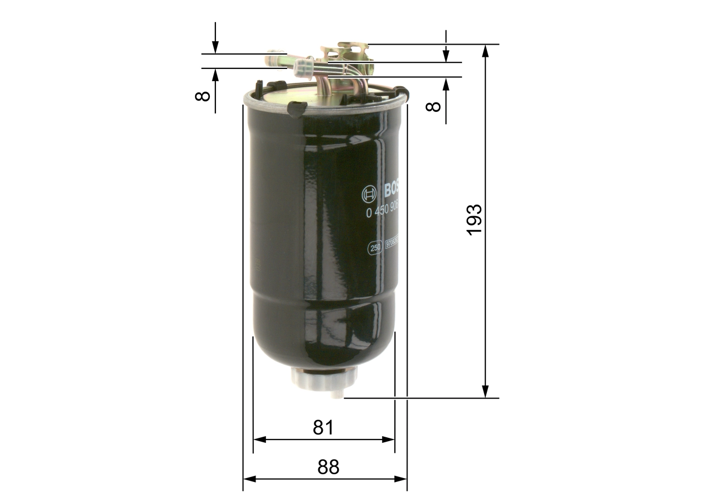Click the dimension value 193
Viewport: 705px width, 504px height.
pos(474,220)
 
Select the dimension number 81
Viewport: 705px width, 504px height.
pos(323,427)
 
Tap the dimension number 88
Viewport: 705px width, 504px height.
pos(328,467)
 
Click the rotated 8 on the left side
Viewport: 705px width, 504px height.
pos(203,95)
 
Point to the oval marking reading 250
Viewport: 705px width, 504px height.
pos(375,249)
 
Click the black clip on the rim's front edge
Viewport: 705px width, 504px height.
pos(297,108)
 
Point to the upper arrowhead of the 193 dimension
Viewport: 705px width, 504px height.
pos(485,50)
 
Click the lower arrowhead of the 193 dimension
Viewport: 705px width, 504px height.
pos(485,392)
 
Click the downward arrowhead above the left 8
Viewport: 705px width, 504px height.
pos(215,48)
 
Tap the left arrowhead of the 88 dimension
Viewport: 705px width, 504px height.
pos(250,479)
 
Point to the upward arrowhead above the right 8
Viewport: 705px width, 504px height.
pos(446,83)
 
